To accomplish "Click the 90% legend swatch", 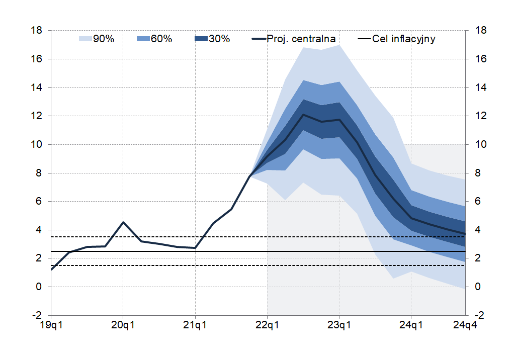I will click(x=85, y=39).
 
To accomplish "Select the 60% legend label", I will click(x=161, y=39).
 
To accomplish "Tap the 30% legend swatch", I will click(x=201, y=39).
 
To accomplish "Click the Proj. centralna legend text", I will click(x=301, y=39).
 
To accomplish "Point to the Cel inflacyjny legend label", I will click(x=404, y=39).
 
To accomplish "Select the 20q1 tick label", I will click(x=123, y=325).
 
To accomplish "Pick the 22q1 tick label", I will click(x=267, y=325).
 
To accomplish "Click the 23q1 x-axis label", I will click(x=339, y=325).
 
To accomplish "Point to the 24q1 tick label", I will click(x=411, y=325).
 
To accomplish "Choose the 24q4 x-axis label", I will click(x=465, y=325).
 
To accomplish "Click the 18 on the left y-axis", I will click(x=36, y=31).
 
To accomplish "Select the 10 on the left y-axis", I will click(x=36, y=145).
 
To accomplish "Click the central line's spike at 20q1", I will click(x=123, y=222).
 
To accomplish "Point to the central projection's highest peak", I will click(x=303, y=115).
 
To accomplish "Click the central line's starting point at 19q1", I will click(x=51, y=269).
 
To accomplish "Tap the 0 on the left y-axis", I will click(x=38, y=287).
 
